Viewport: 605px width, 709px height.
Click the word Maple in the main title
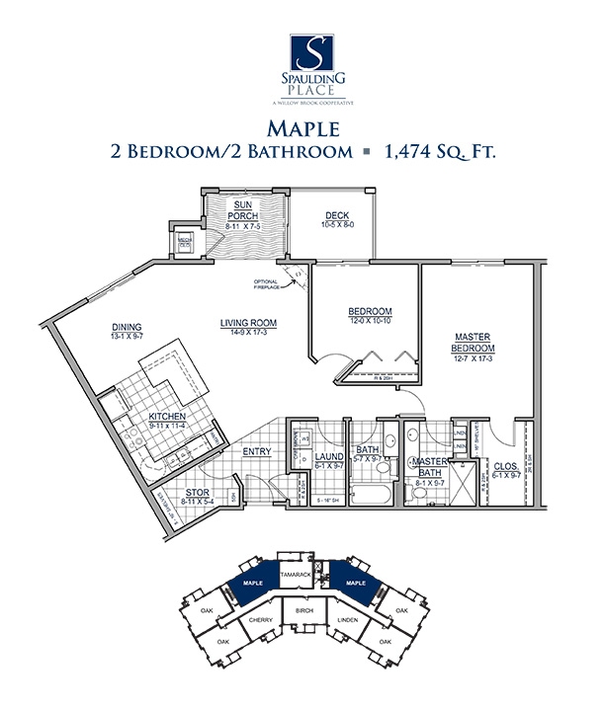[302, 126]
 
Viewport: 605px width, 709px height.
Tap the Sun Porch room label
[242, 209]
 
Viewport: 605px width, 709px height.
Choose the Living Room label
[247, 323]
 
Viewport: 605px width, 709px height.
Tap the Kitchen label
[167, 417]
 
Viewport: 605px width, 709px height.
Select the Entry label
[256, 451]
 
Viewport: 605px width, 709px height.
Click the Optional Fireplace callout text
[268, 284]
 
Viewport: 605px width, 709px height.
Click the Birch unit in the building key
[303, 612]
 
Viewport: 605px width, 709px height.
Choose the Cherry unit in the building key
[261, 621]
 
